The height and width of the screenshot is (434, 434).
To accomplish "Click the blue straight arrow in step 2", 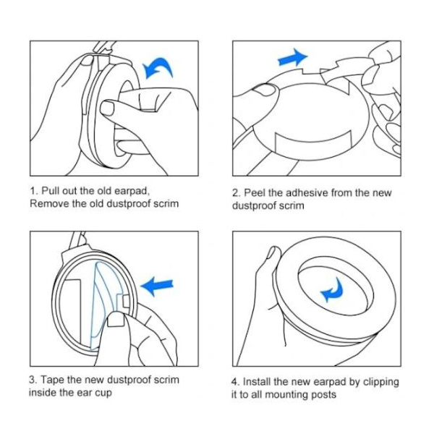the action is (292, 58).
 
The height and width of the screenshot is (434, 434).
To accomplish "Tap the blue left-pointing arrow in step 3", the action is (156, 286).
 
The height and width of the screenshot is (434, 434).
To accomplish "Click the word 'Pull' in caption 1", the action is (51, 191).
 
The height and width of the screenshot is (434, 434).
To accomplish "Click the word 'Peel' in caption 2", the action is (255, 192).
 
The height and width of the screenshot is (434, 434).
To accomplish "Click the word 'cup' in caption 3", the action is (104, 393).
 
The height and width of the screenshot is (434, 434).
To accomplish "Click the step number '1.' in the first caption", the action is (34, 191).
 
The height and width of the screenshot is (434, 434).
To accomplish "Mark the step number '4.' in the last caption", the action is (235, 382).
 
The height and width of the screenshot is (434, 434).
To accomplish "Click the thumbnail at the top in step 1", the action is (88, 60).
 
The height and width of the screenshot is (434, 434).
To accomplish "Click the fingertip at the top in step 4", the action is (274, 252).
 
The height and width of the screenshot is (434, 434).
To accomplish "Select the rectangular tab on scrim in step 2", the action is (313, 142).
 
